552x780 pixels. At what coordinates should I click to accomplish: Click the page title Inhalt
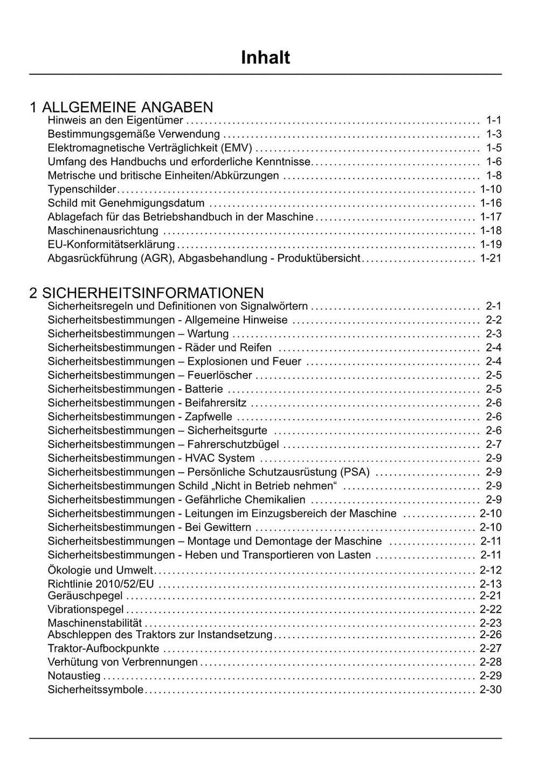coord(265,57)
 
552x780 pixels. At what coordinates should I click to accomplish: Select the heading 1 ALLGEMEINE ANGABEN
coord(121,107)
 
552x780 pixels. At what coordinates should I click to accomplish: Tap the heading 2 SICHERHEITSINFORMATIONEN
coord(147,293)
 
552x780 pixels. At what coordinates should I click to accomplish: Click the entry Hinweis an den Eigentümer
coord(115,120)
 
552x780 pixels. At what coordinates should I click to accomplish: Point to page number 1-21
coord(491,258)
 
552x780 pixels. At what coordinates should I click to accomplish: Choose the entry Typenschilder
coord(82,189)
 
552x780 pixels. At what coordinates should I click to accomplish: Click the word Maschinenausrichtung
coord(103,231)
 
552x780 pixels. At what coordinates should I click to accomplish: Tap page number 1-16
coord(491,203)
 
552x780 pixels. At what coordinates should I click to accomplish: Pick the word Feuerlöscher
coord(220,375)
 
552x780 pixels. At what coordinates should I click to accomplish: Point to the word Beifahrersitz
coord(216,403)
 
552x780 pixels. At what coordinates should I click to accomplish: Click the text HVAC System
coord(220,458)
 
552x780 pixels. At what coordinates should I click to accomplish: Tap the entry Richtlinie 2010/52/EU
coord(101,584)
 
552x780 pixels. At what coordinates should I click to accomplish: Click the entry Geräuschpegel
coord(85,596)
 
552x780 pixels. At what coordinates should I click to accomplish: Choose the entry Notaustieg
coord(74,675)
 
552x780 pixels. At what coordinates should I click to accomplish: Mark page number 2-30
coord(491,689)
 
